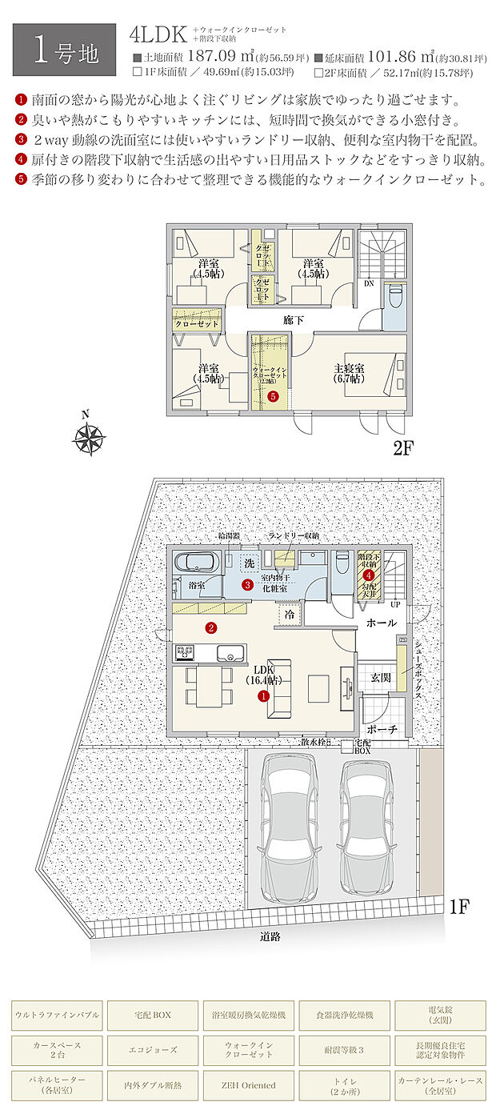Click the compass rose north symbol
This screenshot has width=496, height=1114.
click(x=90, y=436)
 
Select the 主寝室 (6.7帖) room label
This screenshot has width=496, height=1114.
click(x=349, y=374)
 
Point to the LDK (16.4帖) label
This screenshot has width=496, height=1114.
click(x=263, y=675)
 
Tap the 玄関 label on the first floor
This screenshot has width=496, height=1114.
click(x=379, y=678)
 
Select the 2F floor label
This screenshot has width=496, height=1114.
click(x=402, y=448)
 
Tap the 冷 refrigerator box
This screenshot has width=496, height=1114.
click(x=289, y=615)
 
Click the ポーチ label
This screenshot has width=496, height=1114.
click(x=380, y=729)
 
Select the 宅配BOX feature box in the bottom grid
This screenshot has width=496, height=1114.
click(x=151, y=1015)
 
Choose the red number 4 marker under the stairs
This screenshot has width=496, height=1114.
click(x=369, y=575)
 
